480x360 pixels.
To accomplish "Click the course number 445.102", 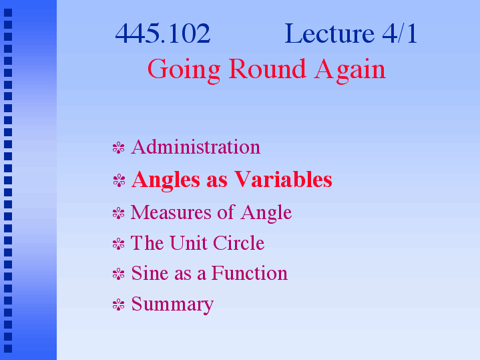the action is tap(162, 33).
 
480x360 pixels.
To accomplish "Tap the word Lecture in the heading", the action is tap(329, 33).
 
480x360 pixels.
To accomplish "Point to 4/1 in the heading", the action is tap(400, 33).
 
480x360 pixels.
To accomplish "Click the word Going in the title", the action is tap(184, 71).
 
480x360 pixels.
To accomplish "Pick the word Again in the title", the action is tap(350, 71).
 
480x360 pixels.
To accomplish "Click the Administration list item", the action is tap(196, 147).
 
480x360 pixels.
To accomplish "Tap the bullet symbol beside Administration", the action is tap(118, 148).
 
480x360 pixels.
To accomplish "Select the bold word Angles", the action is tap(166, 180).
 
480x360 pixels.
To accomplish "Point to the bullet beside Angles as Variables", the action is tap(119, 180).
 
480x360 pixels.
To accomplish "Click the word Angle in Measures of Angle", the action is tap(266, 213).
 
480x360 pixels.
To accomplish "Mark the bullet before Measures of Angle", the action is tap(118, 213).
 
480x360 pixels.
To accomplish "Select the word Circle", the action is tap(238, 243).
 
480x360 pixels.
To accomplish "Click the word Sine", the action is tap(150, 273).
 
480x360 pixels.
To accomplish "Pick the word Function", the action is tap(249, 273).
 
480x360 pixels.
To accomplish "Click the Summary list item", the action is tap(172, 305).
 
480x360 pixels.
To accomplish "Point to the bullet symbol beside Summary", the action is tap(118, 305).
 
